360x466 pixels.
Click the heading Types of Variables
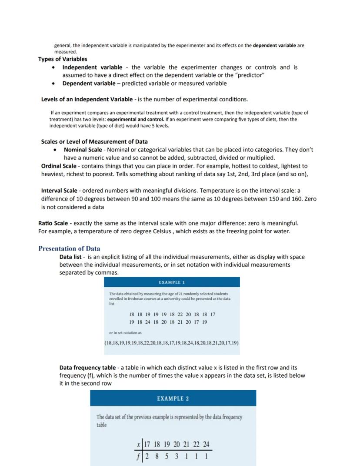pos(63,59)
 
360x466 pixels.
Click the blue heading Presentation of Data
pos(69,249)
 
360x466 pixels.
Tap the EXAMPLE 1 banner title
pos(172,282)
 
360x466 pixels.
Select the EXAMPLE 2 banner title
pos(173,399)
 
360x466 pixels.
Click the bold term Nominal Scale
pos(83,150)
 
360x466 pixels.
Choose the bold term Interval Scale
pos(59,191)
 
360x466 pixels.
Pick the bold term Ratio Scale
pos(53,223)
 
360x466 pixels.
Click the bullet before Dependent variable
pos(53,84)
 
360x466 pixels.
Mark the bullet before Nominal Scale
pos(54,150)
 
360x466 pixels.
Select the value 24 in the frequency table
pos(206,445)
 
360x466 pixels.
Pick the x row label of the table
pos(138,445)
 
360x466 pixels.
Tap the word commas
pos(107,273)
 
